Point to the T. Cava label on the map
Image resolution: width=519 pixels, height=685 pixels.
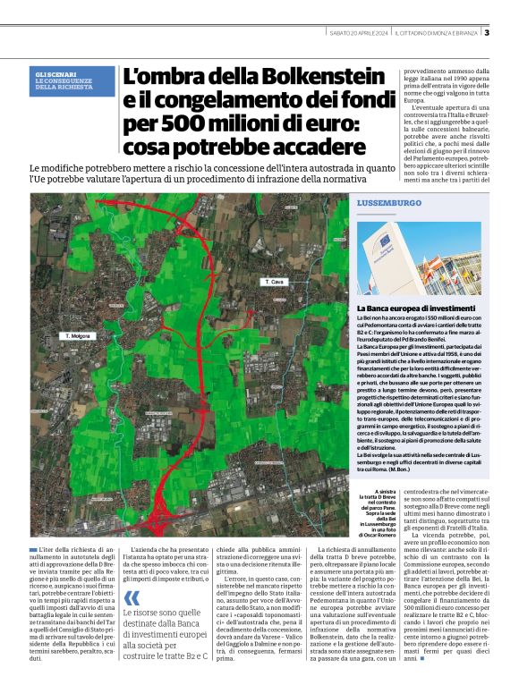[274, 282]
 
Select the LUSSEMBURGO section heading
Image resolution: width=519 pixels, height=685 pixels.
[388, 203]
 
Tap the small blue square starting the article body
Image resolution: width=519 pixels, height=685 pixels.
[33, 547]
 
